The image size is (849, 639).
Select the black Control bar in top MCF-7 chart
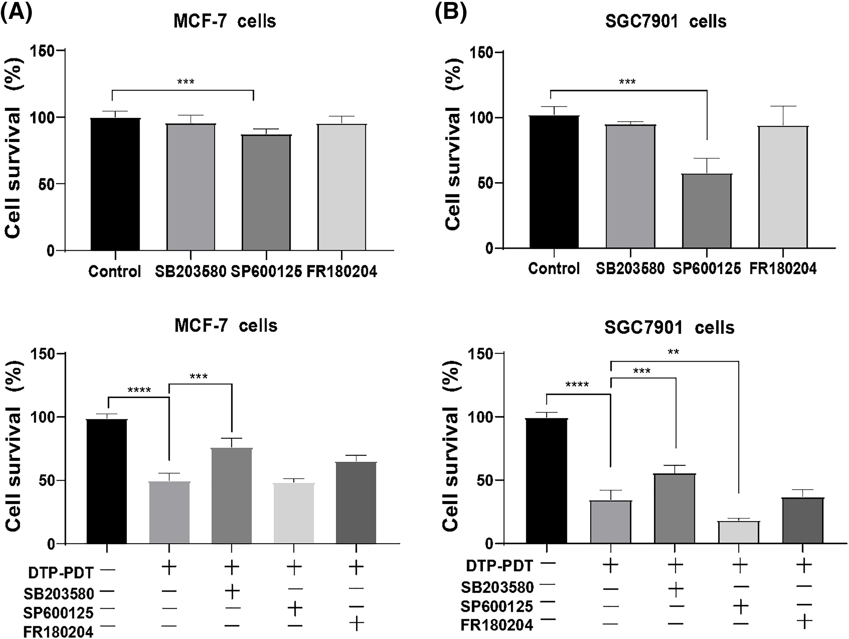pos(115,184)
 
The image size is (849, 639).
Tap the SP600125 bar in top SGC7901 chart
pos(707,211)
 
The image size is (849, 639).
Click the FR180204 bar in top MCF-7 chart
pos(342,187)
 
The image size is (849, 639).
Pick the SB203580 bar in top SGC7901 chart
pos(630,186)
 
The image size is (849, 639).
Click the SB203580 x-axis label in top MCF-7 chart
pos(191,272)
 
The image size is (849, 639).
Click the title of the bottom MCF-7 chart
pos(226,326)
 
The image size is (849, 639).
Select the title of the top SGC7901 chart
pos(666,21)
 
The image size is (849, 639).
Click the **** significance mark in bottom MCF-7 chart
pos(139,391)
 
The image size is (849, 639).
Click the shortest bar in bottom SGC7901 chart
pos(738,532)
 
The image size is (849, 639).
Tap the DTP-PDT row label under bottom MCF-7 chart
pos(61,573)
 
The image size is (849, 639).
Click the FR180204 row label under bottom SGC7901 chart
pos(497,625)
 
